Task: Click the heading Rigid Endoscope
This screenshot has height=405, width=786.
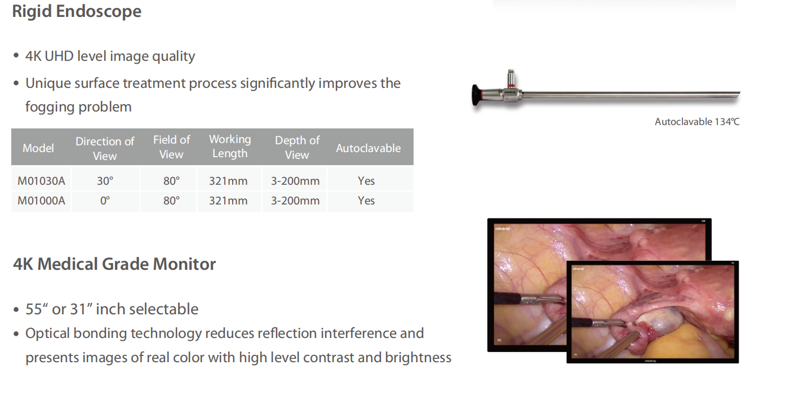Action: click(77, 12)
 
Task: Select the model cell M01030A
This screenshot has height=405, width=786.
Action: click(41, 181)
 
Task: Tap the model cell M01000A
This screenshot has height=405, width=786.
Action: click(41, 201)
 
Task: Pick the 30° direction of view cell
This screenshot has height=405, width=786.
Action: click(105, 181)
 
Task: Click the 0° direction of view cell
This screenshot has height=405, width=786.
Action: click(105, 201)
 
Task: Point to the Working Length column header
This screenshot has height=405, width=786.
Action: click(230, 146)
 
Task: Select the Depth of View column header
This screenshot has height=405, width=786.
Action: click(297, 148)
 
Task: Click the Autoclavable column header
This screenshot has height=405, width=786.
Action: click(368, 148)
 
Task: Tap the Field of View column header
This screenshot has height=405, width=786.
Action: click(172, 147)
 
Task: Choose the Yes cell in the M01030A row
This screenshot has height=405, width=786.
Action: click(366, 181)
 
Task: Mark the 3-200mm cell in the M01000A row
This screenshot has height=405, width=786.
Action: click(295, 201)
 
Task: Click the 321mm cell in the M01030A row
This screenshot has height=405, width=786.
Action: click(228, 181)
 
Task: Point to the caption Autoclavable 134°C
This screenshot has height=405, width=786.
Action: click(697, 122)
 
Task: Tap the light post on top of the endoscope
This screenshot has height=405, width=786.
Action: click(511, 78)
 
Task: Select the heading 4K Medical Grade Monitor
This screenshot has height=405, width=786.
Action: click(114, 264)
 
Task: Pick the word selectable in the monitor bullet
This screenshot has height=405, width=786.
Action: click(164, 309)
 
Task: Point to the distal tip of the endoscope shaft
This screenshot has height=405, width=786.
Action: click(739, 94)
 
